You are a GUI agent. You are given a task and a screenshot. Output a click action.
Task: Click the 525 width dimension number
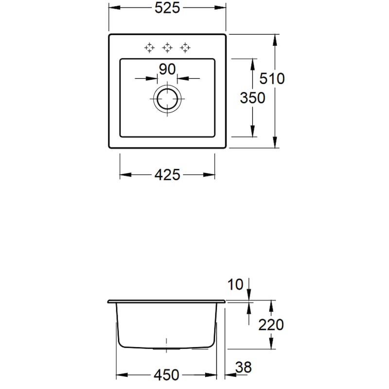tap(167, 8)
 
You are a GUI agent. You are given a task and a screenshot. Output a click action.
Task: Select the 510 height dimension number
tap(272, 79)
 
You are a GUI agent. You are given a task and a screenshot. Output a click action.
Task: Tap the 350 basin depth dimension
tap(252, 98)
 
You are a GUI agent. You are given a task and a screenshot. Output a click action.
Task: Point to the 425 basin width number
tap(167, 175)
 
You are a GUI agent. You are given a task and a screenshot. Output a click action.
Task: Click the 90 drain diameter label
tap(167, 69)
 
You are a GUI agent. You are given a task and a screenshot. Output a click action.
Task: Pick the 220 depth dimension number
tap(271, 325)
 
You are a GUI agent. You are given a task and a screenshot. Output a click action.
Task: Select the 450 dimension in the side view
tap(166, 375)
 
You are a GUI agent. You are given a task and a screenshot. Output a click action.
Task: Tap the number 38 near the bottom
tap(244, 368)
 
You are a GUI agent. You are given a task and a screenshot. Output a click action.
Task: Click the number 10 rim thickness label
tap(235, 284)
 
